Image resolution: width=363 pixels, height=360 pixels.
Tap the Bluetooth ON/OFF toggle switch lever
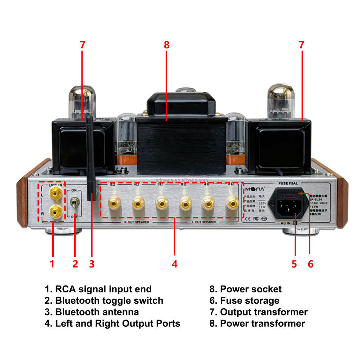[x=76, y=204]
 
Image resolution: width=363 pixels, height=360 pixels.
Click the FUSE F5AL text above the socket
[x=288, y=183]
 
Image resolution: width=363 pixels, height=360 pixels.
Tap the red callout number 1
[x=52, y=264]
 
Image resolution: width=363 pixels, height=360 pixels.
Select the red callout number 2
[x=75, y=264]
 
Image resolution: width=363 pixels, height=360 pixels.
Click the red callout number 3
[x=92, y=264]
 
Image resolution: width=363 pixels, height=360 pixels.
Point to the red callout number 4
[x=174, y=264]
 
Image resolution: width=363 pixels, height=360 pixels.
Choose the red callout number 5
[x=294, y=264]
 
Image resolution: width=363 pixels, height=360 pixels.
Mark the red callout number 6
[x=310, y=264]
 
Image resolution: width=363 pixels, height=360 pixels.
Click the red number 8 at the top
[x=167, y=45]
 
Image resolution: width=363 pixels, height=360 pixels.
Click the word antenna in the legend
[x=119, y=312]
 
